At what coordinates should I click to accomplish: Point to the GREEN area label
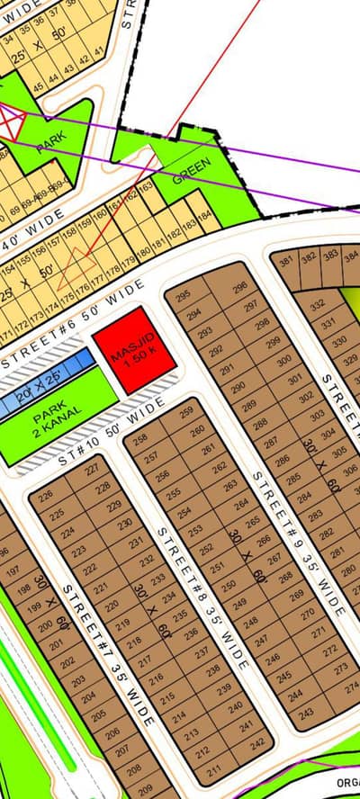(x=191, y=172)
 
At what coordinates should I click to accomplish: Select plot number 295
(x=184, y=296)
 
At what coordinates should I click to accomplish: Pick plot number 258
(x=139, y=441)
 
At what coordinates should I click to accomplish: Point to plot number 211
(x=213, y=770)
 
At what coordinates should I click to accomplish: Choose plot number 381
(x=287, y=263)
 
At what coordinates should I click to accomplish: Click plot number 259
(x=186, y=413)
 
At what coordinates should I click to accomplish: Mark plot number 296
(x=239, y=288)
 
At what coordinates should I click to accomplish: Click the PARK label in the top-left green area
(x=51, y=144)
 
